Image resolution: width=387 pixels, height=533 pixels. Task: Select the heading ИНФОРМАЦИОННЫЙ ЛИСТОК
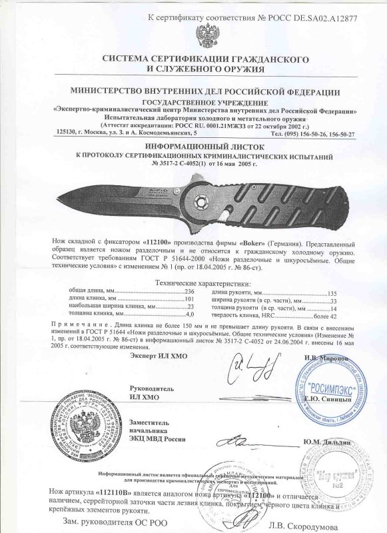(x=193, y=143)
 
